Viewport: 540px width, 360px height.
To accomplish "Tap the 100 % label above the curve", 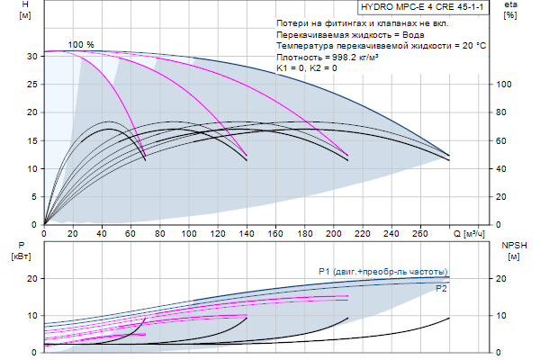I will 81,44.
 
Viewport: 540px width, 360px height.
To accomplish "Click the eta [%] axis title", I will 510,11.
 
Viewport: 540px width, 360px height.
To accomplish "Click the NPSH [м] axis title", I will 514,249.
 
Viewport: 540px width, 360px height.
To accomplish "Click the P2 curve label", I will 441,289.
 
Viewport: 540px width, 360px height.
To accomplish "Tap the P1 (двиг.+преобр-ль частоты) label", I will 383,272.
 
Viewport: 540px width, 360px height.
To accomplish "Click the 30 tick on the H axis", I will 31,56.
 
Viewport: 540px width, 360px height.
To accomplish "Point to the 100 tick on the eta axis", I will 505,84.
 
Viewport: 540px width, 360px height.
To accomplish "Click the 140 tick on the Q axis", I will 247,235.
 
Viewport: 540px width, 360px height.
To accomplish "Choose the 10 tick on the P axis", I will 31,316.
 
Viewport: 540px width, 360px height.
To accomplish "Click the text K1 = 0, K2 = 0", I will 308,67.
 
